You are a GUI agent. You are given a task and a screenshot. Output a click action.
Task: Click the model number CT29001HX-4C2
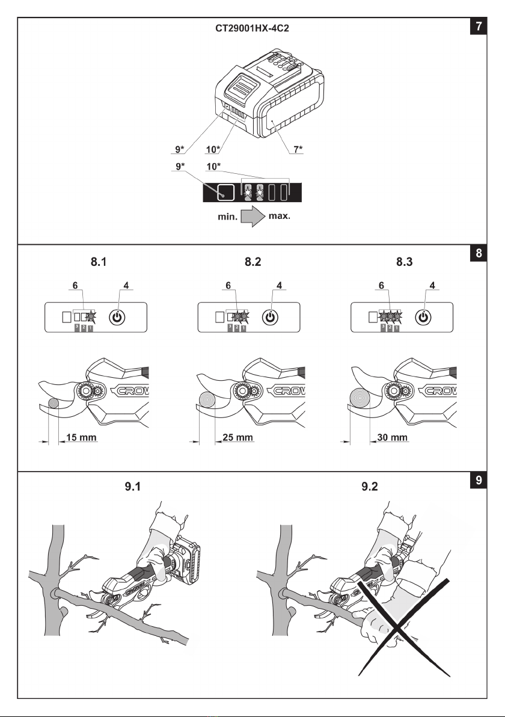pyautogui.click(x=252, y=28)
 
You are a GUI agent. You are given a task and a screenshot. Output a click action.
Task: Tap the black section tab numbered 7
pyautogui.click(x=479, y=26)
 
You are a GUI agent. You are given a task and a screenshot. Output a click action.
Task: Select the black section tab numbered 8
pyautogui.click(x=479, y=253)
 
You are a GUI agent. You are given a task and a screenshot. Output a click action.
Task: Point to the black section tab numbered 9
pyautogui.click(x=479, y=480)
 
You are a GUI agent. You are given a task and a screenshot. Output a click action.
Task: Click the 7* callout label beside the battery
pyautogui.click(x=298, y=150)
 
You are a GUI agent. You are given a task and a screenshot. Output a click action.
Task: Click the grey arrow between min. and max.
pyautogui.click(x=252, y=217)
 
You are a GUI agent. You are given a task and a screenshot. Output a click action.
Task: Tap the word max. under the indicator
pyautogui.click(x=279, y=216)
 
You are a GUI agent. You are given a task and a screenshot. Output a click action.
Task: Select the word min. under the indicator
pyautogui.click(x=227, y=217)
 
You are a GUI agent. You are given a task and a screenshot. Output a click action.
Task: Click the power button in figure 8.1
pyautogui.click(x=117, y=317)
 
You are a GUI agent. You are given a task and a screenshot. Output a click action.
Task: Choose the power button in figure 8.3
pyautogui.click(x=423, y=317)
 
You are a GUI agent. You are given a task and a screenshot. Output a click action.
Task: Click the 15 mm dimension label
pyautogui.click(x=81, y=437)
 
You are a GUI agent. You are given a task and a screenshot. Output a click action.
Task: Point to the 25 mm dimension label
pyautogui.click(x=237, y=437)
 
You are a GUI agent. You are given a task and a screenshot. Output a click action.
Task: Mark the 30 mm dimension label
pyautogui.click(x=392, y=437)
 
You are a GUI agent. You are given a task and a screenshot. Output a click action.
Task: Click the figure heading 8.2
pyautogui.click(x=252, y=262)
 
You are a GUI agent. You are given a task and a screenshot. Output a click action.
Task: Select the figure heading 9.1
pyautogui.click(x=132, y=487)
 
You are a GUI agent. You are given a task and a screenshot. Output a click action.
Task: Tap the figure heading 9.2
pyautogui.click(x=369, y=487)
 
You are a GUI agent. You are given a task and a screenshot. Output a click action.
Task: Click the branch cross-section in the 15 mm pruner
pyautogui.click(x=53, y=403)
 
